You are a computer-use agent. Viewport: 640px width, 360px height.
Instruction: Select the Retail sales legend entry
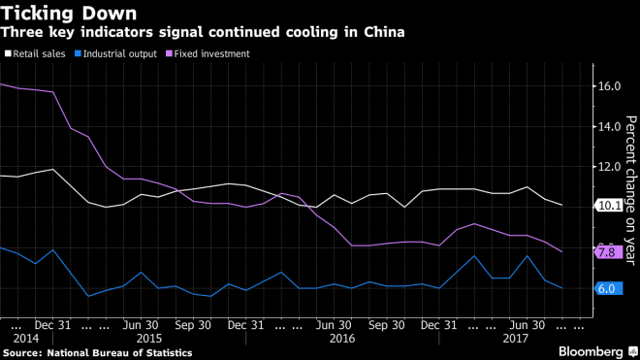click(x=37, y=53)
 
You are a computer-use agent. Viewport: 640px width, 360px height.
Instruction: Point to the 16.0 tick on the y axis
click(x=608, y=86)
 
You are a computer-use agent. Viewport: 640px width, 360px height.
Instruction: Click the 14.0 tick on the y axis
click(x=608, y=126)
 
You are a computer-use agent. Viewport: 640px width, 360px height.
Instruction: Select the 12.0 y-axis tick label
click(x=608, y=167)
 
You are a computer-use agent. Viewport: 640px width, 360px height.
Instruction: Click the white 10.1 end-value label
click(x=608, y=206)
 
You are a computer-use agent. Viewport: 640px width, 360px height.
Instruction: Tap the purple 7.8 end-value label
click(x=606, y=252)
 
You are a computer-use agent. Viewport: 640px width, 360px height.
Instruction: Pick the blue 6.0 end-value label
click(x=606, y=288)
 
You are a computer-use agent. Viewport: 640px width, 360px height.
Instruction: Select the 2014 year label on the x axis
click(x=26, y=339)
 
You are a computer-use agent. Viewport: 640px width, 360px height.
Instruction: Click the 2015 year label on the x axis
click(x=148, y=339)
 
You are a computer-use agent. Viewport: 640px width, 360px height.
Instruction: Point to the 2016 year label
click(x=342, y=339)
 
